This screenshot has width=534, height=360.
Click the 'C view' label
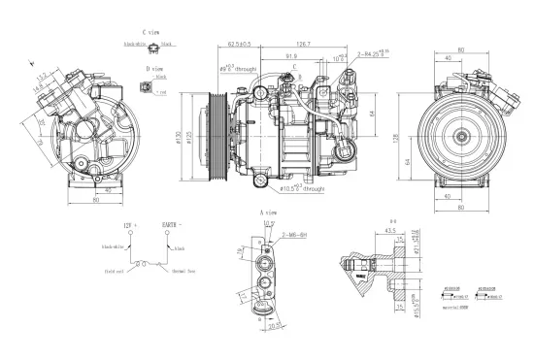click(x=150, y=33)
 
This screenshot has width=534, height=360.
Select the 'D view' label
click(x=153, y=70)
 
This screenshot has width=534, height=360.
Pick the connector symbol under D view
click(x=146, y=89)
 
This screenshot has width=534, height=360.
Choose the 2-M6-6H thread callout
click(x=295, y=235)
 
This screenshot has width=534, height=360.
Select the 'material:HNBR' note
click(x=455, y=307)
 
